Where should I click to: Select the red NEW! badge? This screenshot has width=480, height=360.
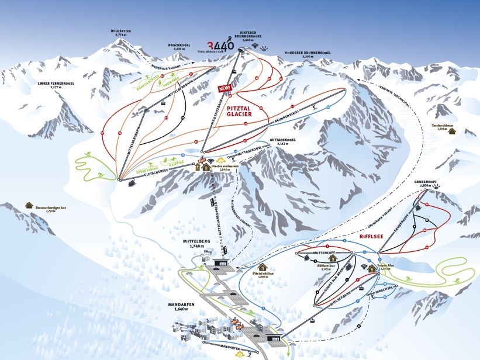[x=225, y=89]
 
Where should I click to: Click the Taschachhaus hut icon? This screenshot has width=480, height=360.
[x=452, y=131]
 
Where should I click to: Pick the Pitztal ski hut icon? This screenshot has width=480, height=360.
[x=262, y=267]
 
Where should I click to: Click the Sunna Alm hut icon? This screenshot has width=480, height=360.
[x=372, y=268]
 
